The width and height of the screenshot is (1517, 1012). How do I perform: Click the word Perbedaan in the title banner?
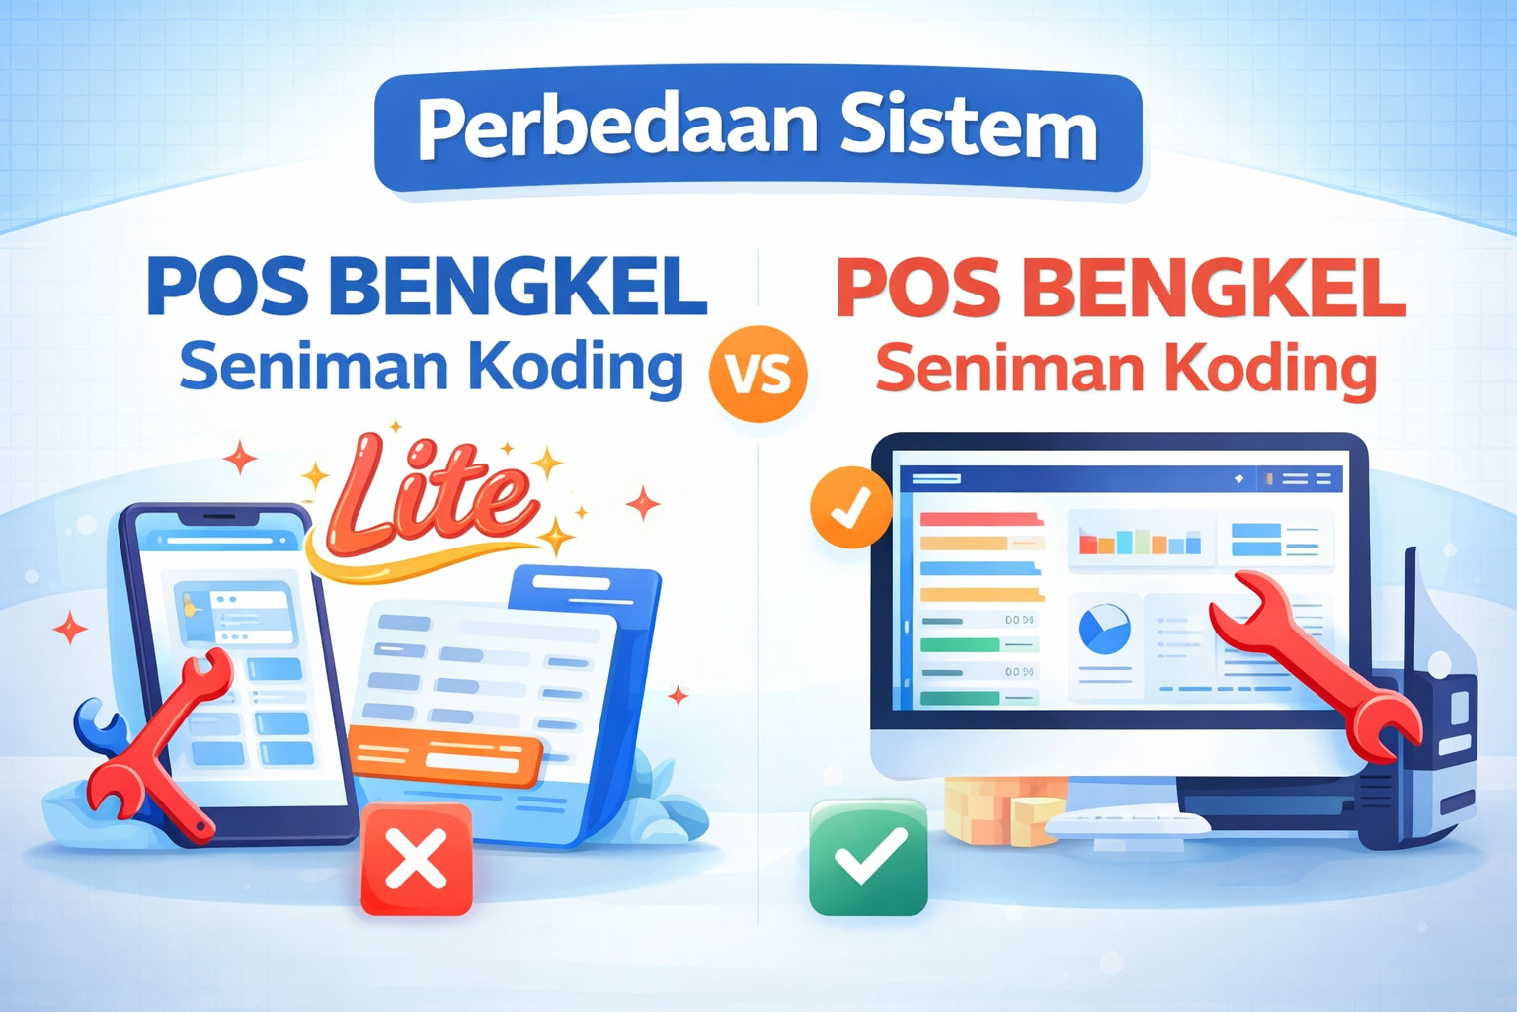tap(618, 128)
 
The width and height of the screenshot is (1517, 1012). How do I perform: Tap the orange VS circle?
tap(758, 374)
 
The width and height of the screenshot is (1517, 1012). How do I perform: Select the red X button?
tap(417, 858)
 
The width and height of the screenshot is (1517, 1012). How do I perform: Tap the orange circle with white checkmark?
tap(849, 506)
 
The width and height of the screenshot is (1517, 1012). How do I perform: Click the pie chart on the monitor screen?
tap(1104, 630)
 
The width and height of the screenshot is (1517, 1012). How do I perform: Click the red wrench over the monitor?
tap(1314, 662)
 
